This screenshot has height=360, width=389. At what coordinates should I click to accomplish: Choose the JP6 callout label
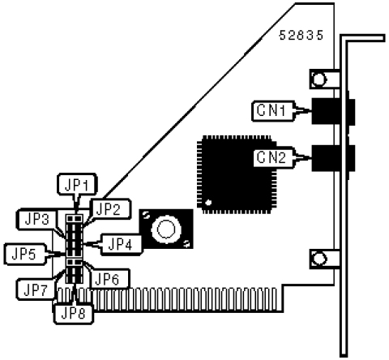click(x=107, y=278)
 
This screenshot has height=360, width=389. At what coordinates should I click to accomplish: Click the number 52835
click(x=301, y=36)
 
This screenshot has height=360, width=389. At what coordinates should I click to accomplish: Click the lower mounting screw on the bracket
click(x=318, y=259)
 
